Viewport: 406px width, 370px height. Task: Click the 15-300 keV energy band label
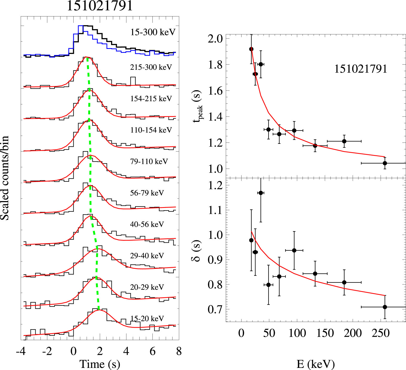coord(153,32)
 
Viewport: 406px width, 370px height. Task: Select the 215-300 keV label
coord(151,67)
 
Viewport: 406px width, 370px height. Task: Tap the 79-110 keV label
coord(149,161)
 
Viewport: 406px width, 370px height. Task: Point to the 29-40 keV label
coord(147,255)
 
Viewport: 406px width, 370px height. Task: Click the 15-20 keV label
coord(147,318)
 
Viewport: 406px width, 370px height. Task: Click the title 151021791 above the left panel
coord(100,6)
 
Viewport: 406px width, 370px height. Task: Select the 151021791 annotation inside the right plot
coord(360,69)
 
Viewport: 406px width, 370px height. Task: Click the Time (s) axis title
coord(100,364)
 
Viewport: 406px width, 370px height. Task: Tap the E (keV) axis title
coord(316,364)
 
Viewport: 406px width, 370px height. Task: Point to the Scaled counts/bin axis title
coord(5,178)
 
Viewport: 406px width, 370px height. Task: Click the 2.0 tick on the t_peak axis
coord(215,39)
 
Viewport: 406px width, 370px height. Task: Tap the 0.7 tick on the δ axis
coord(215,309)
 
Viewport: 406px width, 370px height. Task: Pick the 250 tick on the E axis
coord(381,333)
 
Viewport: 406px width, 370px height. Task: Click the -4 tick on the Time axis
coord(21,351)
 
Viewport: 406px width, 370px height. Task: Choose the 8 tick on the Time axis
coord(179,351)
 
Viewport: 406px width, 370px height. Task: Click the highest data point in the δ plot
coord(261,193)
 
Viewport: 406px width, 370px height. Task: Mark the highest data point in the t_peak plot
coord(251,49)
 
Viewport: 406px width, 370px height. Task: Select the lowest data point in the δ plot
coord(385,307)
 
